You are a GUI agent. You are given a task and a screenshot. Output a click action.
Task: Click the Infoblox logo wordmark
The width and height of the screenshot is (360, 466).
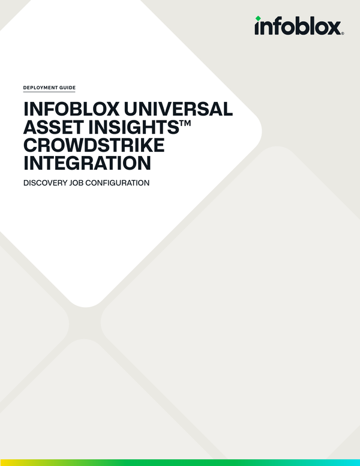[x=299, y=26]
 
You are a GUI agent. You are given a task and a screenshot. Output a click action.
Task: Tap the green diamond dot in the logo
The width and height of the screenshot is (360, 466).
[x=258, y=19]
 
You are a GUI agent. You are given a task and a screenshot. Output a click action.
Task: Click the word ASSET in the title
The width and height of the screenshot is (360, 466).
[x=50, y=128]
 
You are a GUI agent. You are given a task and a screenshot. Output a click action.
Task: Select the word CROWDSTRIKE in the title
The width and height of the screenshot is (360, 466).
[x=94, y=146]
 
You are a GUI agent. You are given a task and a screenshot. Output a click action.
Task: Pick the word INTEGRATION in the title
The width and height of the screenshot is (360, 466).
[x=87, y=164]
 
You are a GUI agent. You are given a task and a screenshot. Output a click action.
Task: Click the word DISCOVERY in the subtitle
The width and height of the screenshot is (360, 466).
[x=46, y=182]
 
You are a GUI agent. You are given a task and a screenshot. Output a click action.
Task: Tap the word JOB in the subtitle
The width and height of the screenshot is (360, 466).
[x=81, y=182]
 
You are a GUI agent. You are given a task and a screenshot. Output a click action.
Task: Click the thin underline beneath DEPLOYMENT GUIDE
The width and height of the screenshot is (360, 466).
[x=49, y=92]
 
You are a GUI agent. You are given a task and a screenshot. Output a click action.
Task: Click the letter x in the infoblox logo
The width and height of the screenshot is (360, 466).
[x=334, y=28]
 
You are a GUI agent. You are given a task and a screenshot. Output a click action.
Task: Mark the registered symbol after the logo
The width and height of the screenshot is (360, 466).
[x=343, y=34]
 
